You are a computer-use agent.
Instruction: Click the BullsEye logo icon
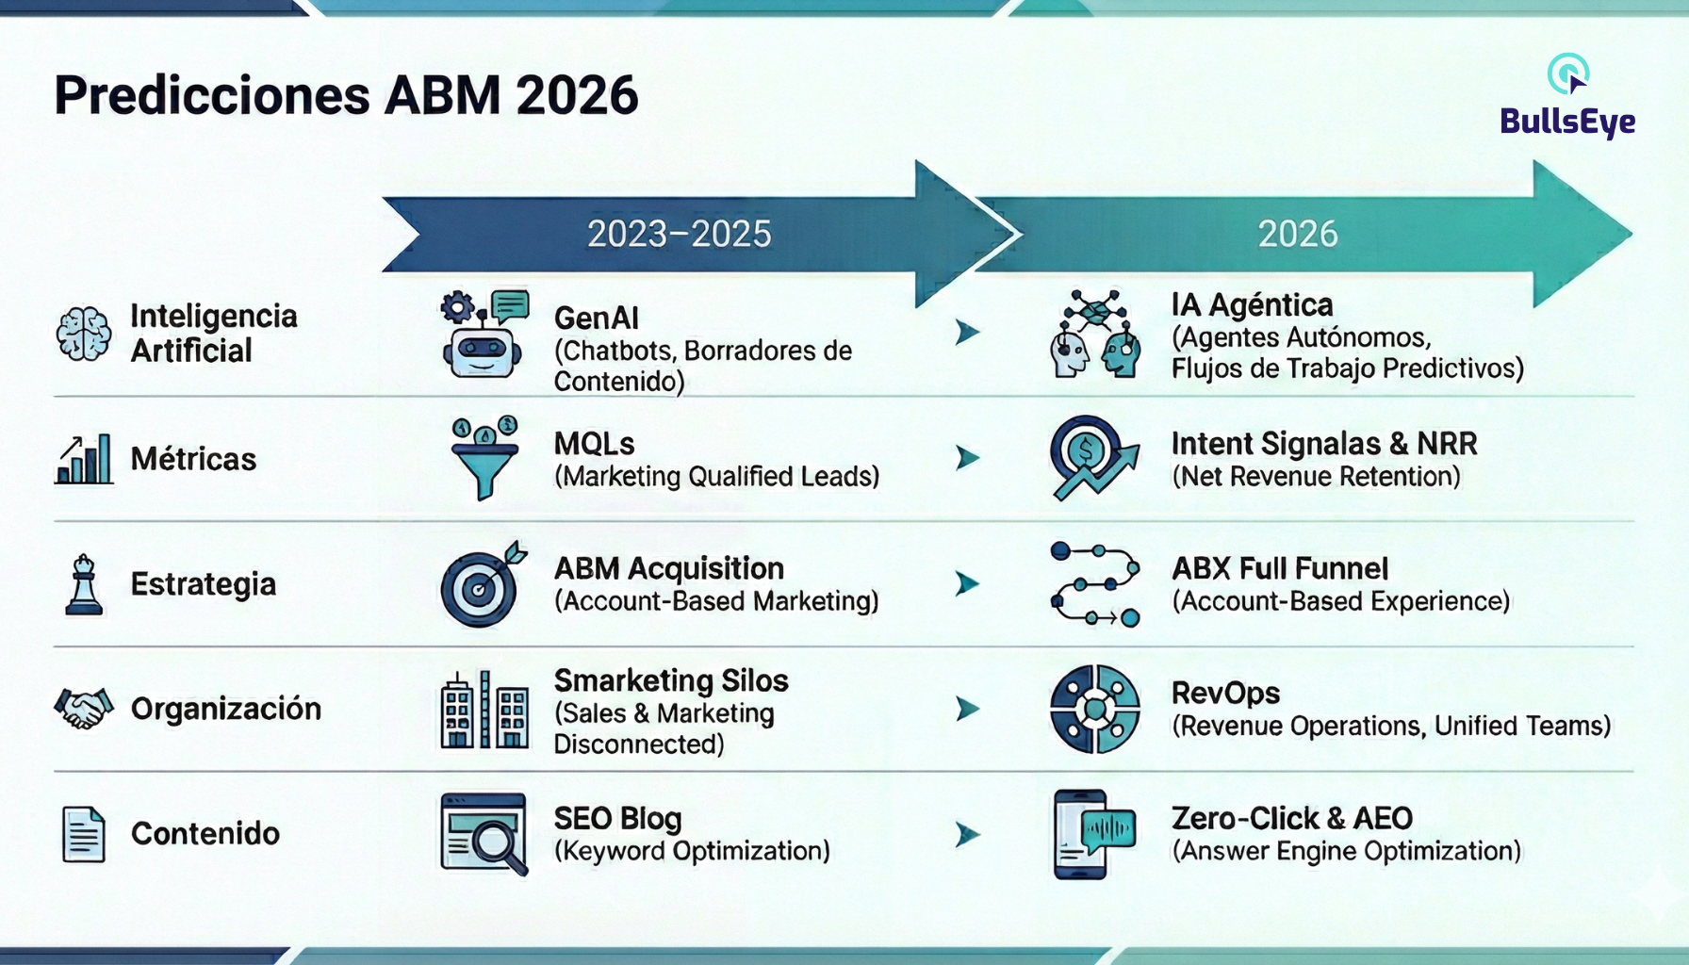click(x=1568, y=74)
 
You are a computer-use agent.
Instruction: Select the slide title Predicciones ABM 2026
click(x=346, y=95)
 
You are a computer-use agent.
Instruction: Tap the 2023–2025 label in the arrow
click(x=679, y=234)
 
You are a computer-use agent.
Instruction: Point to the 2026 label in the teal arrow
click(x=1297, y=234)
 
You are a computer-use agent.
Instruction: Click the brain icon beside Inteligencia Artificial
click(x=83, y=334)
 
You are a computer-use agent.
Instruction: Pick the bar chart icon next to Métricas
click(x=84, y=459)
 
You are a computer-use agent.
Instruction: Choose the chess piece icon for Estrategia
click(x=84, y=584)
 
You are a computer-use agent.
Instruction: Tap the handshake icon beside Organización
click(x=84, y=709)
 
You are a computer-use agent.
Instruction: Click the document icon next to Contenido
click(x=84, y=834)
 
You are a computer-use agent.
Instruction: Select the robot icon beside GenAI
click(x=484, y=334)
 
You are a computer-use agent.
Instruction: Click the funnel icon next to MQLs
click(x=484, y=458)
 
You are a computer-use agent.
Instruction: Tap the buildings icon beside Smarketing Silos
click(x=484, y=710)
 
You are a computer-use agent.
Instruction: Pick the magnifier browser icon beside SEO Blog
click(x=484, y=834)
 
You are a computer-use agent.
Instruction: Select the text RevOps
click(x=1225, y=694)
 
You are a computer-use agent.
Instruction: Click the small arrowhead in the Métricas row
click(x=967, y=458)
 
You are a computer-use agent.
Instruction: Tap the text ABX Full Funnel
click(x=1280, y=568)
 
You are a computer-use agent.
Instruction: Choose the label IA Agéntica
click(x=1252, y=305)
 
